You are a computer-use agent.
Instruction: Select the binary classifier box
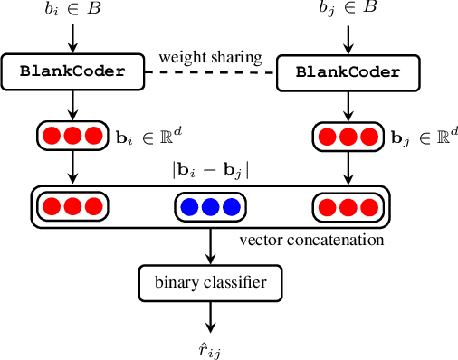210,283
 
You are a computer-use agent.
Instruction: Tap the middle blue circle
210,207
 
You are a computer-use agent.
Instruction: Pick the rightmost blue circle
228,207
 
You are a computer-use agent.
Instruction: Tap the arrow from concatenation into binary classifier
210,246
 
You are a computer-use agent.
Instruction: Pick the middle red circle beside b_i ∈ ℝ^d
71,137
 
